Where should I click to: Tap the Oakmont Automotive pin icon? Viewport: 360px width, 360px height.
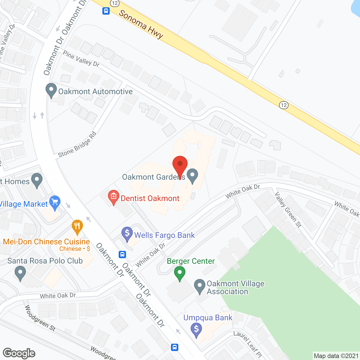click(x=51, y=91)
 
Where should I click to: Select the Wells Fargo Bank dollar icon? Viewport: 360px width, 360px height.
click(x=127, y=234)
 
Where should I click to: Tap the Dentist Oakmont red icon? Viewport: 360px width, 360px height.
click(x=114, y=197)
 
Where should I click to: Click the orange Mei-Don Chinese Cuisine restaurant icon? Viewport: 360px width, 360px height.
click(x=77, y=227)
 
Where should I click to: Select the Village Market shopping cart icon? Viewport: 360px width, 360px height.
click(x=55, y=202)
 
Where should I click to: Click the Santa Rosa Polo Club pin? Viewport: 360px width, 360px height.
click(x=20, y=273)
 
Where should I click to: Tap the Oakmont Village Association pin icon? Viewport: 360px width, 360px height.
click(x=200, y=286)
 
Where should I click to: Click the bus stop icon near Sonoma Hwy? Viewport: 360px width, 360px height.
click(x=106, y=11)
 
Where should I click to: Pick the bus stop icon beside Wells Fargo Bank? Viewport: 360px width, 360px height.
click(x=122, y=255)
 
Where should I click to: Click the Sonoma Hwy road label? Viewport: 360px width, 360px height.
click(x=141, y=24)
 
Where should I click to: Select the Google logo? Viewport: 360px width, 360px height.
click(x=19, y=353)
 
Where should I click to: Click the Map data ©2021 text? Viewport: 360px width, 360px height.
click(x=336, y=356)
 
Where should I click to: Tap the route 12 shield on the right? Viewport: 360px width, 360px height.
click(x=284, y=105)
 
